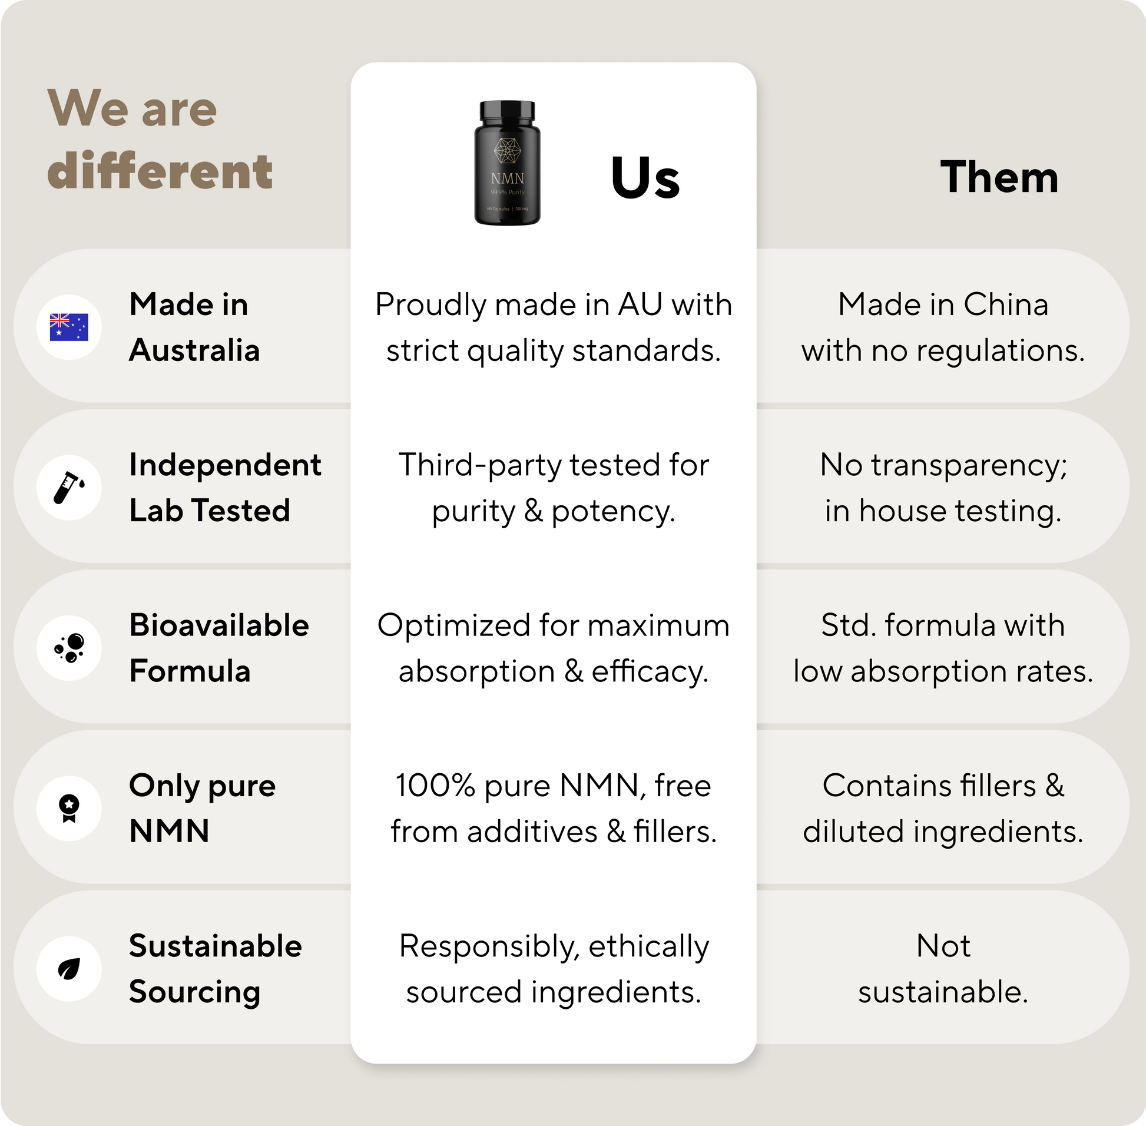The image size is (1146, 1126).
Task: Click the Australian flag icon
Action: [x=68, y=327]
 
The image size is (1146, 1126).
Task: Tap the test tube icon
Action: [x=68, y=487]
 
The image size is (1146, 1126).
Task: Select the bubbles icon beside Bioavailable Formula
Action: [x=69, y=648]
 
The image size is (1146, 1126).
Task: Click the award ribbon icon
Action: [x=69, y=809]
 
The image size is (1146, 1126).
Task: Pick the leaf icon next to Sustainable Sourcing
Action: [x=69, y=969]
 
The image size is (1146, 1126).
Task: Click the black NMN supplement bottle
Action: [x=508, y=163]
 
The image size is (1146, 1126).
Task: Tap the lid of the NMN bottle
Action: [x=508, y=110]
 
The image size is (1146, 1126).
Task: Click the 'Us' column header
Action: [x=645, y=177]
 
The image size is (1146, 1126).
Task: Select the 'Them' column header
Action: [x=999, y=177]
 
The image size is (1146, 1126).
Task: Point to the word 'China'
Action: [x=1006, y=304]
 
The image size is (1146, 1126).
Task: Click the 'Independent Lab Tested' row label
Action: [x=226, y=487]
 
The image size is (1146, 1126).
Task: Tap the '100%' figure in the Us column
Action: [x=435, y=786]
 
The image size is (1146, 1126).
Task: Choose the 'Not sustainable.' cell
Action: [x=943, y=969]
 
